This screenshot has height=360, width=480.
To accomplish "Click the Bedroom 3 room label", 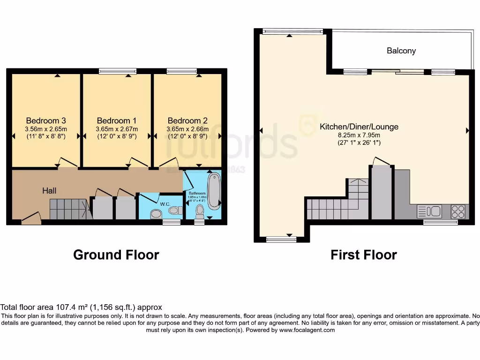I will (45, 120).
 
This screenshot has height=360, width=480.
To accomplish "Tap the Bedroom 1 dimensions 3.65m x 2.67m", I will (117, 129).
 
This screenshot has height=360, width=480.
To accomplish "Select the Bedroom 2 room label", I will (187, 120).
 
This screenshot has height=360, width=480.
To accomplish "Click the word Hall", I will (49, 190).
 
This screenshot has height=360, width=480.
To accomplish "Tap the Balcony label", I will (401, 51).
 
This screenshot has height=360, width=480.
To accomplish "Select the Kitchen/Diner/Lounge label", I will (359, 127).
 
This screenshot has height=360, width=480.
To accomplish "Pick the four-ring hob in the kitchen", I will (458, 212).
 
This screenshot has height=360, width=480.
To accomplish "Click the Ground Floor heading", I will (116, 255).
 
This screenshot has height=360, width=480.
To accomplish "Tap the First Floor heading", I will (364, 255).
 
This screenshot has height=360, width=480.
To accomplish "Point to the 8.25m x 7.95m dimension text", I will (359, 135).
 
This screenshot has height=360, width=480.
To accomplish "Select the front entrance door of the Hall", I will (31, 217).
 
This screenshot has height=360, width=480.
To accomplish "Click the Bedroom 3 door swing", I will (67, 162).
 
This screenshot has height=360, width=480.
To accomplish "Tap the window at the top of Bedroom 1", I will (118, 71).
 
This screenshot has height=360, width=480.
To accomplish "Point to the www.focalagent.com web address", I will (307, 330).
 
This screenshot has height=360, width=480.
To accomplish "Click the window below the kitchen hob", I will (440, 222).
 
